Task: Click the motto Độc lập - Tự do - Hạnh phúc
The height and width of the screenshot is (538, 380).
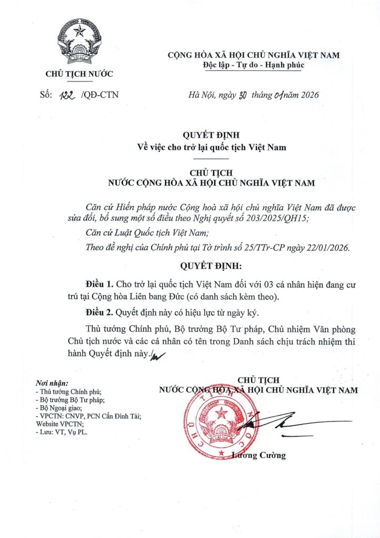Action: (253, 65)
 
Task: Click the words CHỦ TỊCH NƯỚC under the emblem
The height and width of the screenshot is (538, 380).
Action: (79, 74)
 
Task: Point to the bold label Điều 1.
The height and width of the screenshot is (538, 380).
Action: (98, 284)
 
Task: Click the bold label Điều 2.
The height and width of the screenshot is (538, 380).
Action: (98, 313)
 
